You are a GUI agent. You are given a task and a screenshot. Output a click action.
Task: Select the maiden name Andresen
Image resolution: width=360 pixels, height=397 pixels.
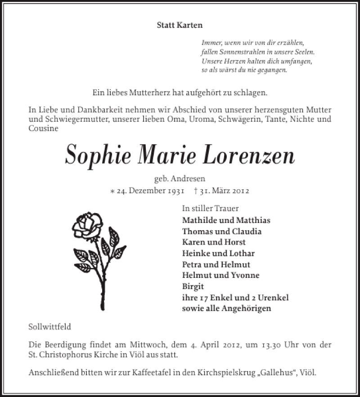pyautogui.click(x=189, y=179)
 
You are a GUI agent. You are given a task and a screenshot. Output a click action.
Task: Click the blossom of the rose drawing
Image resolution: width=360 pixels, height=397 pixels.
pyautogui.click(x=88, y=225)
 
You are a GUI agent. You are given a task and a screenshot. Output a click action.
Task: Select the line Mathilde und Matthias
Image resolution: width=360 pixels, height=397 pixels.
pyautogui.click(x=226, y=220)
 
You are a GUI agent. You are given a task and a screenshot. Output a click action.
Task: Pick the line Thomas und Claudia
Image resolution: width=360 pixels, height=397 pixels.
pyautogui.click(x=222, y=232)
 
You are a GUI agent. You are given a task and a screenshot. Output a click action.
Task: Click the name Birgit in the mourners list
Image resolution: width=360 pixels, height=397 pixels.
pyautogui.click(x=193, y=286)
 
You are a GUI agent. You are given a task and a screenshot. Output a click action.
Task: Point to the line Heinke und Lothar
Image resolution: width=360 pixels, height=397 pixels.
pyautogui.click(x=218, y=254)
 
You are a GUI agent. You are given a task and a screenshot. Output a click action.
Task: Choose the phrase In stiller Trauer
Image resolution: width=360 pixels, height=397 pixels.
pyautogui.click(x=210, y=209)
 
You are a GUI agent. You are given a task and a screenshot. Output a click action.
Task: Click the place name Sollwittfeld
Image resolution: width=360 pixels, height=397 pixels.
pyautogui.click(x=49, y=326)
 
